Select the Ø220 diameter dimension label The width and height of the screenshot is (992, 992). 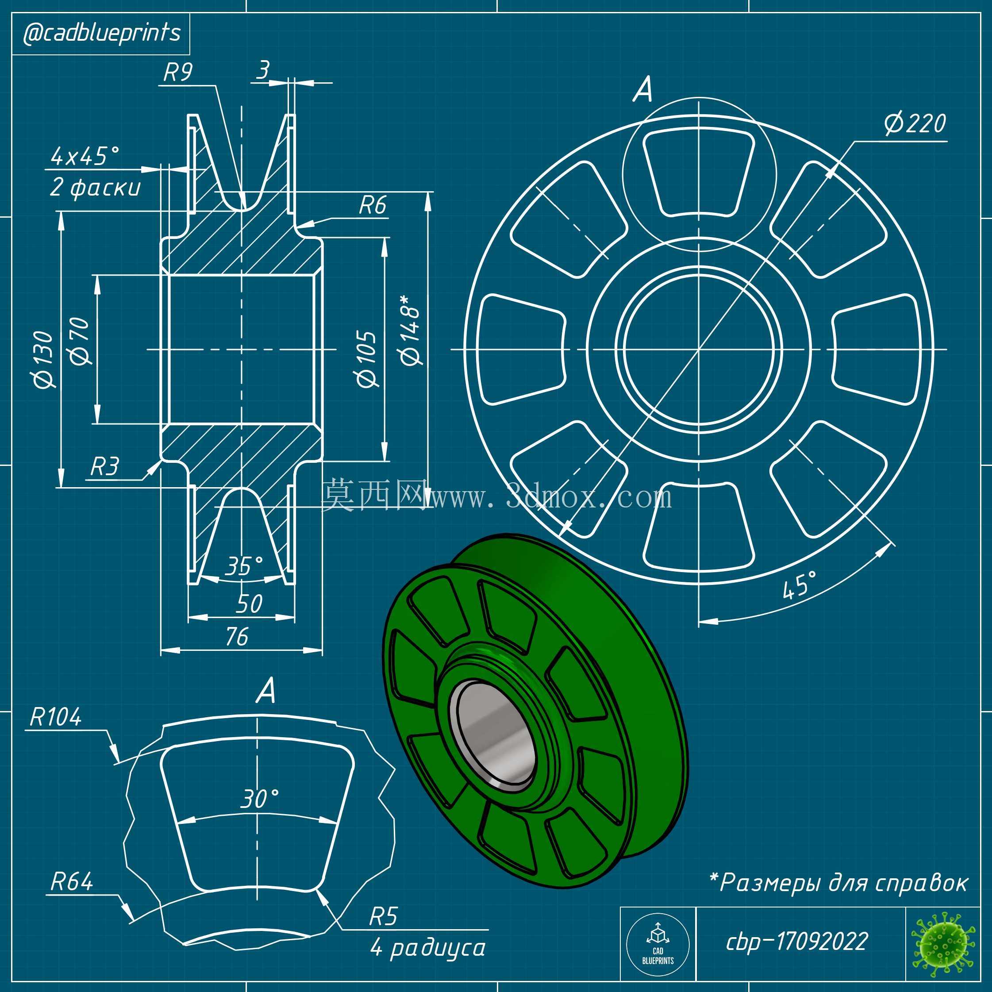point(915,124)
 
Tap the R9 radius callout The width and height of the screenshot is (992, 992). point(178,73)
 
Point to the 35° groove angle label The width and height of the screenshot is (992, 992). point(244,566)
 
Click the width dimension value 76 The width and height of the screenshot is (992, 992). point(237,637)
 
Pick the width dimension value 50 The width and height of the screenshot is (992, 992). point(249,604)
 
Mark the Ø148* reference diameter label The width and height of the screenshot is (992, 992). point(412,330)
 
